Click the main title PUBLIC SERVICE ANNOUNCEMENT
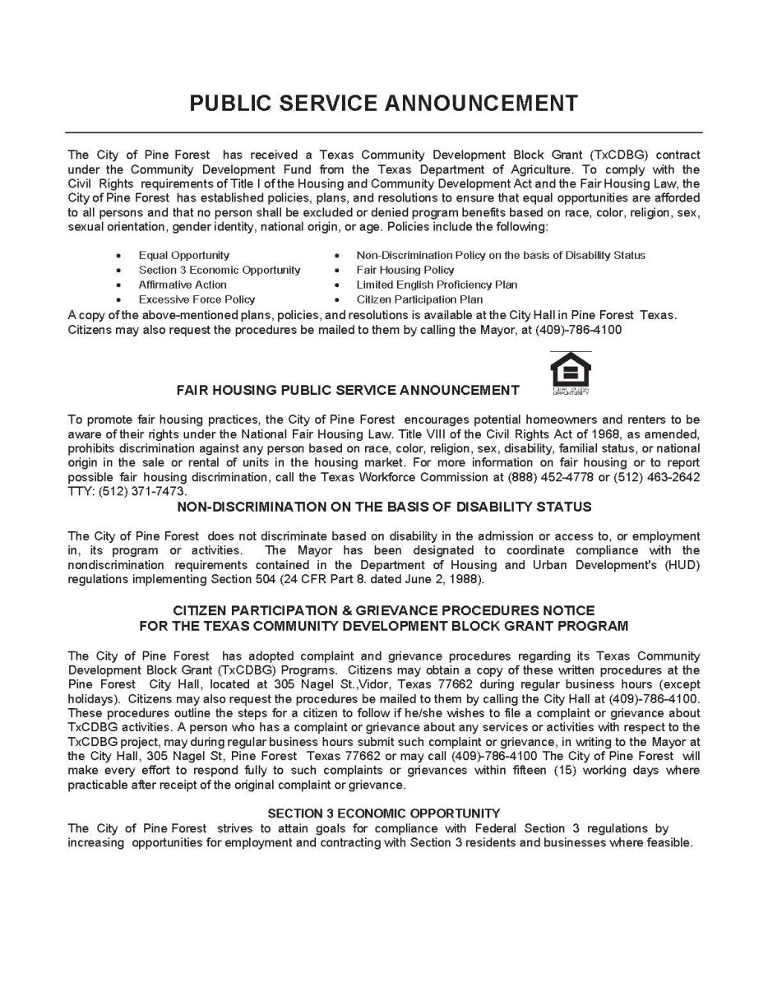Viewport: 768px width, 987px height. click(383, 103)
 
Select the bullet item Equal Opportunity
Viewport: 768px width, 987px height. click(183, 255)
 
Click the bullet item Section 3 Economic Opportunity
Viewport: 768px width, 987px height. click(219, 270)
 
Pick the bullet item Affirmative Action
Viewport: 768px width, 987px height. click(183, 285)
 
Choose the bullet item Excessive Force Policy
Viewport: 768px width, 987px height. click(197, 299)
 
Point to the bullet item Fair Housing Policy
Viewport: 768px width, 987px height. click(405, 270)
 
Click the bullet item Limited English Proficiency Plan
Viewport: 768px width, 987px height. click(437, 285)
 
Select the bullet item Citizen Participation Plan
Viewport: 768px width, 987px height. click(419, 299)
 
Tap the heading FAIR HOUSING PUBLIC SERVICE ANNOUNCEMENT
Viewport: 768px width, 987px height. click(348, 389)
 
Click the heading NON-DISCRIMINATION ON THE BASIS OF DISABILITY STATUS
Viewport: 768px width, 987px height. click(384, 506)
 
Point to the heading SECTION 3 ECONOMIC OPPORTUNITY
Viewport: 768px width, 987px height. click(384, 813)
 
